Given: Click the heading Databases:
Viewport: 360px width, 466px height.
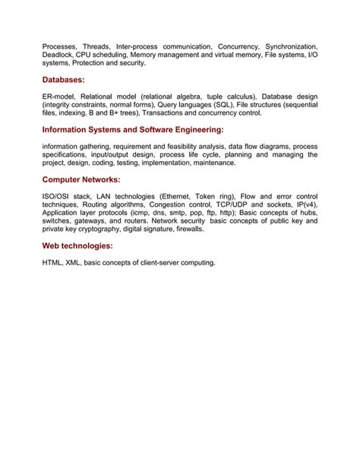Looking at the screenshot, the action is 63,80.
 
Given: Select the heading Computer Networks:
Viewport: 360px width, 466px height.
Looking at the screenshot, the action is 81,180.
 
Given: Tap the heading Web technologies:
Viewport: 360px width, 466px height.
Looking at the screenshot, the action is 77,246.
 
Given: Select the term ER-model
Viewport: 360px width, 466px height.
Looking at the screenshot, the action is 59,97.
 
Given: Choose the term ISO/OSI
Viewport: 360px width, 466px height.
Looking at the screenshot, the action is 58,197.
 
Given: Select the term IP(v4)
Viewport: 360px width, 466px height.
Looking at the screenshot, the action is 305,205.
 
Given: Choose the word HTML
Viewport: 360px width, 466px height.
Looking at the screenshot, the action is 53,263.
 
